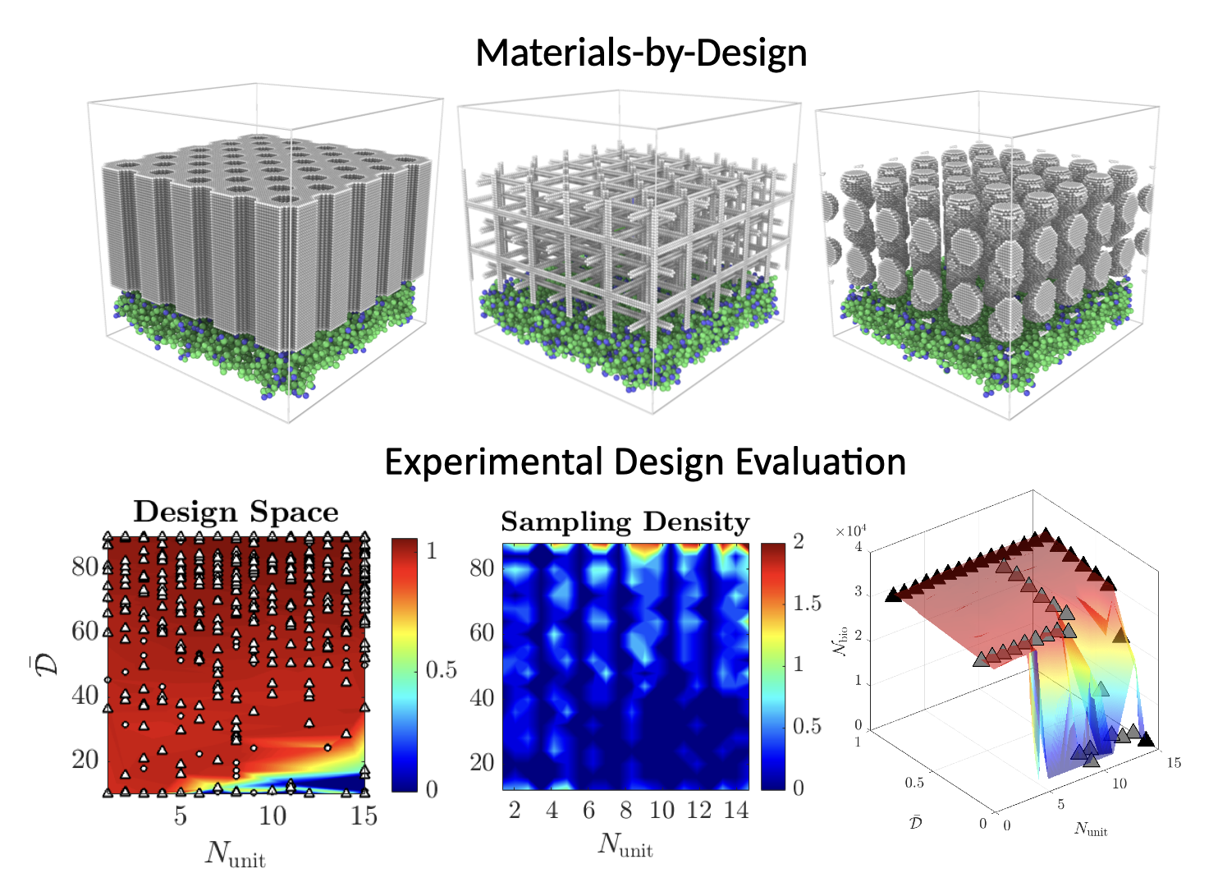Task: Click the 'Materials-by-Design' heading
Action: pos(641,53)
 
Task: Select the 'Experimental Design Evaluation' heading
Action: pos(645,462)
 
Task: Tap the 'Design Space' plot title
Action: pos(236,512)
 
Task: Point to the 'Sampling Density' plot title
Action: pos(625,522)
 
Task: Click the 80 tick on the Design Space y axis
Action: pos(85,567)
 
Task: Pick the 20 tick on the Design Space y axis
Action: pos(85,759)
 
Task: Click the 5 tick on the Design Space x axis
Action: pos(180,816)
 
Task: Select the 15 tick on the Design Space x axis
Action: pos(364,816)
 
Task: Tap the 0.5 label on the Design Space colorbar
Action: pos(441,670)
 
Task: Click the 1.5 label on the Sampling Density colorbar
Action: pos(808,604)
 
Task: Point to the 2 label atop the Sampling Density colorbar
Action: pos(799,542)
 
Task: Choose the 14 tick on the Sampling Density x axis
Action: pos(736,811)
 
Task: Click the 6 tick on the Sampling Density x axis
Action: pos(588,811)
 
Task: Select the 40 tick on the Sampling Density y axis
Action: pos(482,697)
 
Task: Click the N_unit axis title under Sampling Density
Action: pos(625,844)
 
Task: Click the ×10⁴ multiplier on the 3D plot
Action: pos(851,531)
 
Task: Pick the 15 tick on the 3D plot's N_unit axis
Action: pos(1174,763)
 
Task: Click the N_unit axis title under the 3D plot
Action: pos(1091,830)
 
